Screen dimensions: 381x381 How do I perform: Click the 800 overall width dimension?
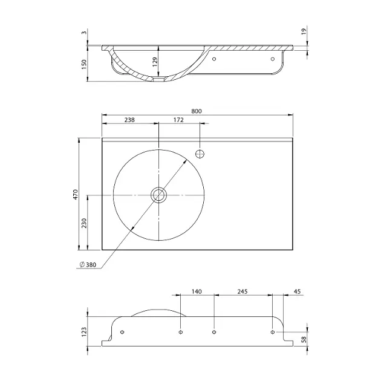[x=197, y=111]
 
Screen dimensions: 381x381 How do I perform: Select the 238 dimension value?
[x=129, y=120]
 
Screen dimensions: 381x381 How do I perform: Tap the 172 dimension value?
[x=178, y=120]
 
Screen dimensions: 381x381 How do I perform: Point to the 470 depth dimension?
[x=76, y=194]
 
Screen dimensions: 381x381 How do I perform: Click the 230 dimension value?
[x=84, y=223]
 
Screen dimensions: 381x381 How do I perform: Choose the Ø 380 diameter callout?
[x=88, y=265]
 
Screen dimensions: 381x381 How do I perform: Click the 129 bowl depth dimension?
[x=155, y=62]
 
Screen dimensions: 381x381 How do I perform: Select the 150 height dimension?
[x=84, y=64]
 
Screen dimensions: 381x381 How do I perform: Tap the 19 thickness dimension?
[x=304, y=31]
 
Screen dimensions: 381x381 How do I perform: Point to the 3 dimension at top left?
[x=84, y=32]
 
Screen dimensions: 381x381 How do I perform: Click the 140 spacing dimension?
[x=197, y=291]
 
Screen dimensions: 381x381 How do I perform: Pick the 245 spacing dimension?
[x=243, y=291]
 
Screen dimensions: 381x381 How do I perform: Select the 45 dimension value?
[x=297, y=291]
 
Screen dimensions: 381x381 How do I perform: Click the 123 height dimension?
[x=84, y=332]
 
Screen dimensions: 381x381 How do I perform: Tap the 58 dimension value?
[x=304, y=339]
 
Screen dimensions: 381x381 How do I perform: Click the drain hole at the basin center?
[x=158, y=195]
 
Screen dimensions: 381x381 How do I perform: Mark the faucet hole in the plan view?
[x=200, y=154]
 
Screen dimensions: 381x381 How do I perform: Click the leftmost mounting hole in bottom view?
[x=122, y=332]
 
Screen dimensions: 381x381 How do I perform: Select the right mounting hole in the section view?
[x=273, y=59]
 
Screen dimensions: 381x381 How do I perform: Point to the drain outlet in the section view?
[x=159, y=79]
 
